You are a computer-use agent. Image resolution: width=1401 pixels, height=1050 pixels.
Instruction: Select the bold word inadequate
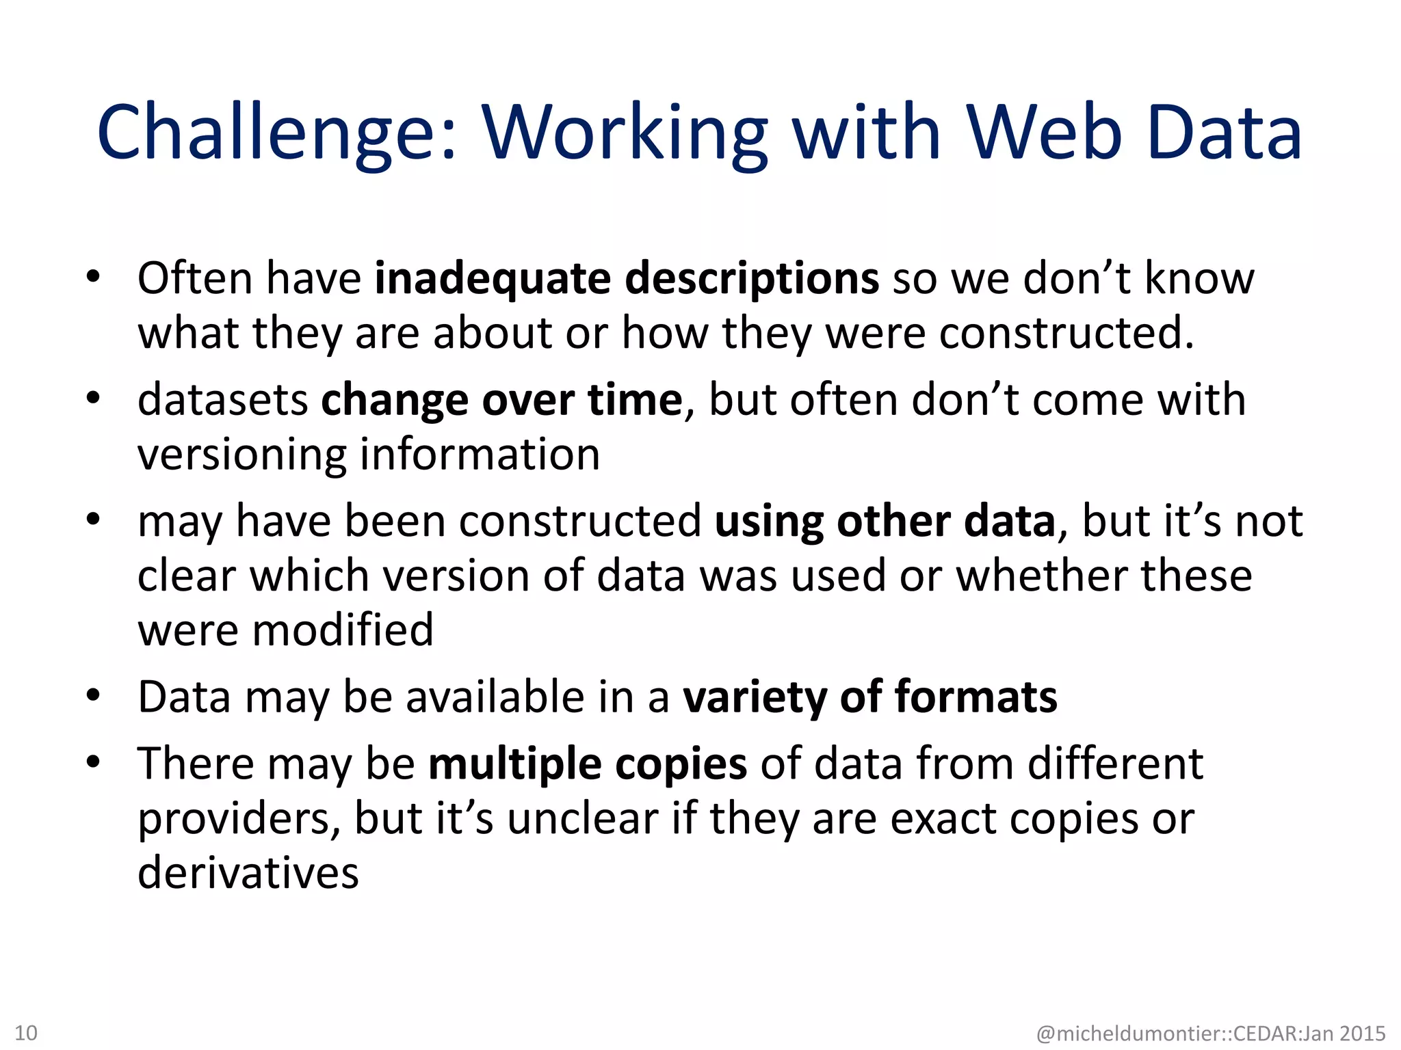tap(493, 279)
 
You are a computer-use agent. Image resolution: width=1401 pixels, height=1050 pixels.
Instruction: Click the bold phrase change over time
tap(501, 400)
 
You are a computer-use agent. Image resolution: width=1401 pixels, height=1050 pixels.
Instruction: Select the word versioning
tap(241, 455)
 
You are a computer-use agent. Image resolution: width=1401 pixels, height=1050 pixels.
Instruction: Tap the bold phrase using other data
tap(885, 522)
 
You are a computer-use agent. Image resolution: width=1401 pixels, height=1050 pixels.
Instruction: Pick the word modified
tap(343, 630)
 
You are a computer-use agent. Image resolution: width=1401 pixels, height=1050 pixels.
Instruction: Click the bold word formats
tap(976, 697)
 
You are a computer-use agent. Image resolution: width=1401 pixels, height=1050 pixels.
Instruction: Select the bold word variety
tap(755, 697)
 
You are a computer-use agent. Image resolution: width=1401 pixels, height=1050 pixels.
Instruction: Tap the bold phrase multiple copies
tap(588, 764)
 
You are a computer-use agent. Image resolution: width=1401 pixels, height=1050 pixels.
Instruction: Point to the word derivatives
tap(248, 874)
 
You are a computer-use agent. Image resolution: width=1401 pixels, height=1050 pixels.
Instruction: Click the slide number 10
tap(26, 1032)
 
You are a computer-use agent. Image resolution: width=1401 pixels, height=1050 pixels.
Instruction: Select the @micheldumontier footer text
tap(1211, 1033)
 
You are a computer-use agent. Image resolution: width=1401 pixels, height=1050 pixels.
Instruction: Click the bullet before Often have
tap(94, 278)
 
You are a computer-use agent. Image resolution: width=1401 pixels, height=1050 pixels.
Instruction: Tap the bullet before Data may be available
tap(94, 696)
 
